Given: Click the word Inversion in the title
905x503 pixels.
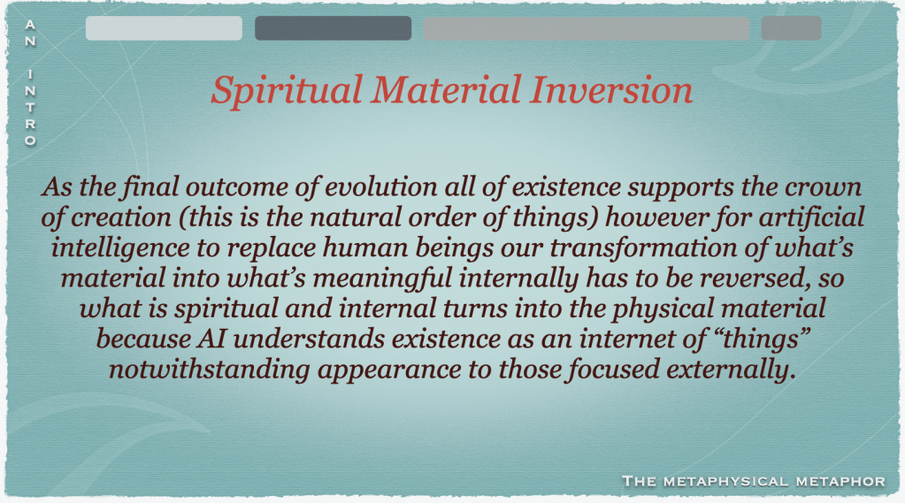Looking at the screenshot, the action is [x=610, y=90].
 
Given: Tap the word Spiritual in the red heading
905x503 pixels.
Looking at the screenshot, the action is [x=287, y=91].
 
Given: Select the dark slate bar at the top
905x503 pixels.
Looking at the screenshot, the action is [x=333, y=28].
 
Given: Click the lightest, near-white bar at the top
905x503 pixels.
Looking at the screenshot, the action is [x=164, y=28].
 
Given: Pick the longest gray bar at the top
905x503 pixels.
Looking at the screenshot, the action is [x=587, y=28].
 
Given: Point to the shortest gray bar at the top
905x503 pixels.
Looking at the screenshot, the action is [x=791, y=28].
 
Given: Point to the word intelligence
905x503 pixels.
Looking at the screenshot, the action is [x=120, y=248].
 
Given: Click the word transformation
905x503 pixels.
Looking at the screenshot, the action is [x=643, y=248].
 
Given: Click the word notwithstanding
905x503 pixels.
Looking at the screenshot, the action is [x=210, y=370].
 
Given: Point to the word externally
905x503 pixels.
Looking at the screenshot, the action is [x=728, y=370].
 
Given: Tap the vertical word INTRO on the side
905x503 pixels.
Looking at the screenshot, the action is [x=30, y=107].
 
